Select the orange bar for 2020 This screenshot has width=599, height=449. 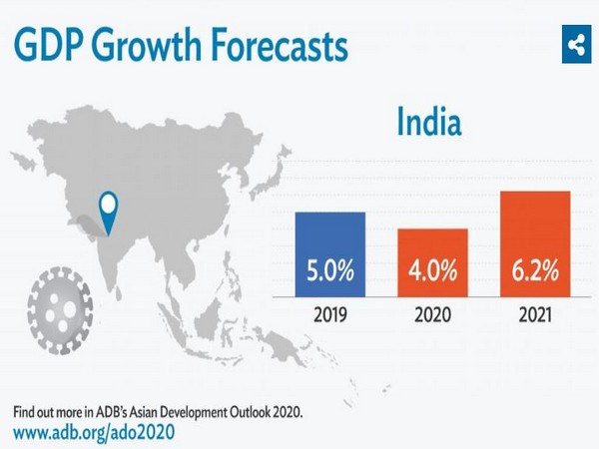432,263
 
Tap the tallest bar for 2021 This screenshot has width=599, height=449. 534,244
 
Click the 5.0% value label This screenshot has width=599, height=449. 329,272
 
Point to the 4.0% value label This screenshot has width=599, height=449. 432,272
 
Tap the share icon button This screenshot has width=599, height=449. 575,44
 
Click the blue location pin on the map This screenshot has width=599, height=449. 107,211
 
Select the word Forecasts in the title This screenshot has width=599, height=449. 277,45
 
